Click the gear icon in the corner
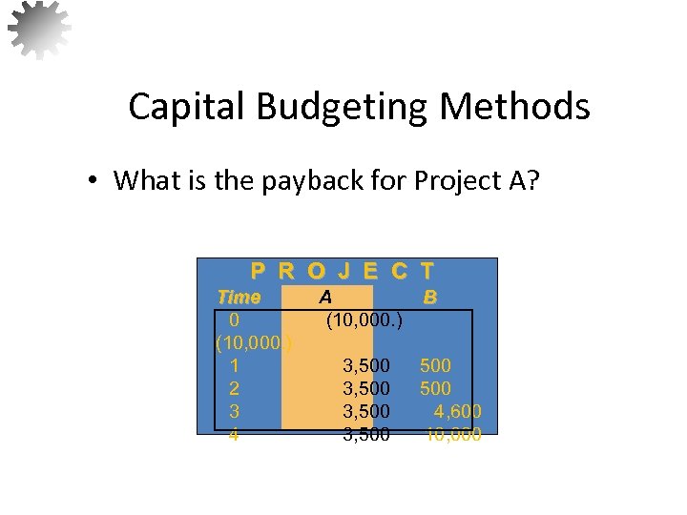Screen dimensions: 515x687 tap(39, 28)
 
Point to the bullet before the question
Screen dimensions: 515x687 tap(95, 181)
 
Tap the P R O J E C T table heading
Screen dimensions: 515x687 tap(343, 271)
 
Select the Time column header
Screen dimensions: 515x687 tap(239, 297)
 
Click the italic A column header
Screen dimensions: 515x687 tap(325, 297)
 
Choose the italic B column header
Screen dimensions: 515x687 tap(430, 297)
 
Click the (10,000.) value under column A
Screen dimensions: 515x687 tap(364, 320)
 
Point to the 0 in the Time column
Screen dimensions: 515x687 tap(235, 320)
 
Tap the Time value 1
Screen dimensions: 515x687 tap(235, 365)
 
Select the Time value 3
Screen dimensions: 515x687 tap(235, 411)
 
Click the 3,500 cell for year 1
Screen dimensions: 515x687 tap(366, 365)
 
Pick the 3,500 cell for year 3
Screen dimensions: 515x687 tap(366, 411)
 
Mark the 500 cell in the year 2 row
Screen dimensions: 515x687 tap(435, 388)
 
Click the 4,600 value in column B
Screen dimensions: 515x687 tap(458, 411)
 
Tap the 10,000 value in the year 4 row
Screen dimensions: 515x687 tap(453, 435)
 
